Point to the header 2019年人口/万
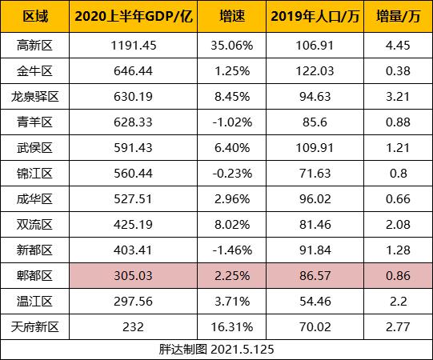click(314, 16)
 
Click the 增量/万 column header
click(397, 16)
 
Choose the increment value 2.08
click(397, 224)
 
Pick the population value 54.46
click(314, 302)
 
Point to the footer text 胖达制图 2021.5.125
click(216, 350)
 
